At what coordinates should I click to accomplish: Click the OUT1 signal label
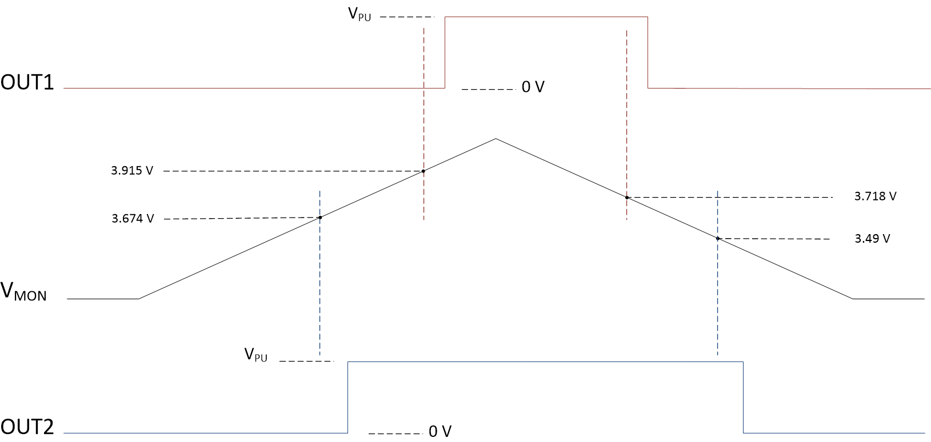27,83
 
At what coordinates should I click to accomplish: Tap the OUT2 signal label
27,427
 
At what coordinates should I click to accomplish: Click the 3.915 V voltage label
132,171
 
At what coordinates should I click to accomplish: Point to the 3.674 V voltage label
133,218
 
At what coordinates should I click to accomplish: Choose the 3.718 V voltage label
875,196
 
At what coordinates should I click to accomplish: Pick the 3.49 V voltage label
872,239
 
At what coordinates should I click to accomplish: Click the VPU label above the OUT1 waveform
359,14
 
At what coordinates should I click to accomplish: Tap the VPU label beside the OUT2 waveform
255,355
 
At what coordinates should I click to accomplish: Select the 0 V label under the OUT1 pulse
533,87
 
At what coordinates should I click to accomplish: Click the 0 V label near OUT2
440,432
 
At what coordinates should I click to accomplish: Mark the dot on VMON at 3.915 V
423,171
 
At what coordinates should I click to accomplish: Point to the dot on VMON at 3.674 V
320,217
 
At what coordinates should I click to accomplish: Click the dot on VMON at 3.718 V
627,198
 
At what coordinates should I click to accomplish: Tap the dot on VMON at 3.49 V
717,238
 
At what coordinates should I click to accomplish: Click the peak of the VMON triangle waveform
496,139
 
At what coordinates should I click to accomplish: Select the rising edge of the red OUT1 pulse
445,53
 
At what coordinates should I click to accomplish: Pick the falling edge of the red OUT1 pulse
648,53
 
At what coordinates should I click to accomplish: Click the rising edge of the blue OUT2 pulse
348,397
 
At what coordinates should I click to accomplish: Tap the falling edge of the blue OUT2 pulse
744,397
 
